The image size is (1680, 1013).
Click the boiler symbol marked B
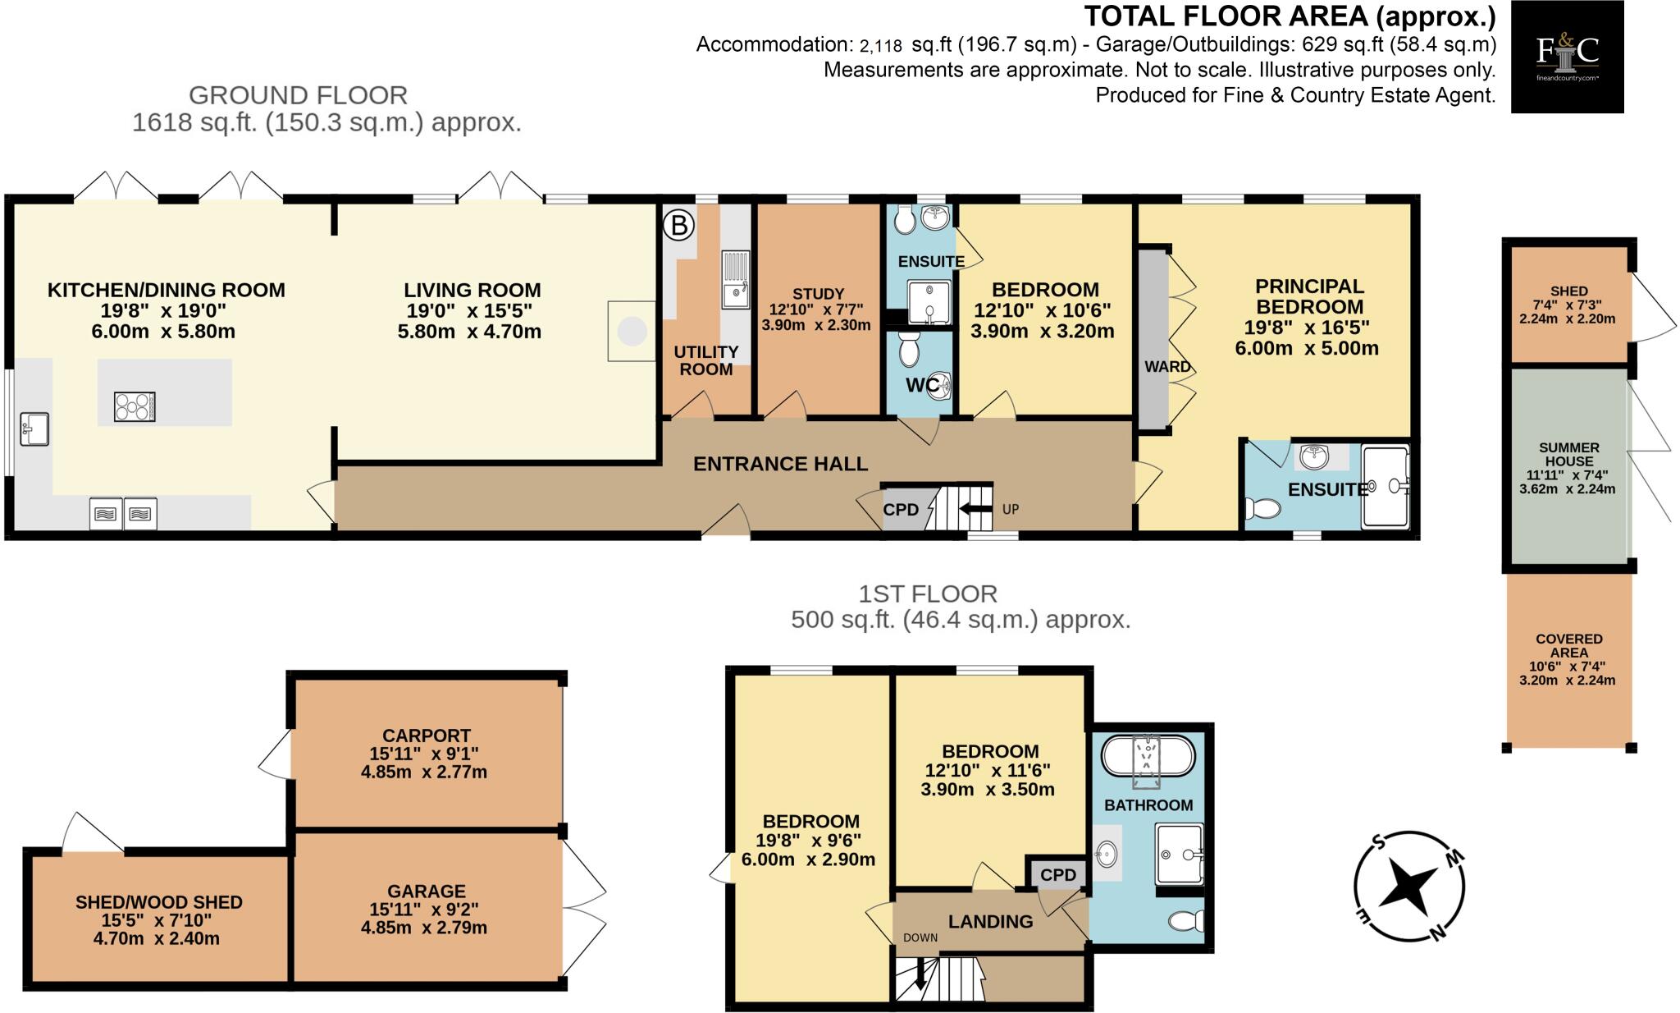click(678, 224)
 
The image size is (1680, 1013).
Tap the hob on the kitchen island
click(135, 406)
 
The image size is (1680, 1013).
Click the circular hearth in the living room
click(632, 332)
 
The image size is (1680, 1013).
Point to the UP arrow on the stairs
click(975, 509)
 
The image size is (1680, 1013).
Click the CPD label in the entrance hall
click(901, 510)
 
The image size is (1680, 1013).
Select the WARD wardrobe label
click(1167, 367)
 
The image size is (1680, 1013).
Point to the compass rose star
click(1408, 887)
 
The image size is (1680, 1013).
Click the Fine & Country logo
click(1567, 56)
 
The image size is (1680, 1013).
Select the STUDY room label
click(818, 294)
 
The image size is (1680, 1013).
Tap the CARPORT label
click(426, 736)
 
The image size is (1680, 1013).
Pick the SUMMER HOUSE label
click(1568, 454)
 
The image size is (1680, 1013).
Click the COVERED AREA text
click(1568, 645)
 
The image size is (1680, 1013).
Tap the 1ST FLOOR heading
click(927, 594)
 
